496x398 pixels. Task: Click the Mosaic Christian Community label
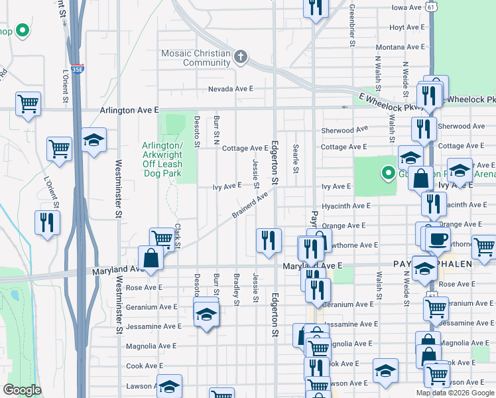[197, 58]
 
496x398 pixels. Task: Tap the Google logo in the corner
[22, 390]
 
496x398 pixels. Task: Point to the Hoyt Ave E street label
[406, 27]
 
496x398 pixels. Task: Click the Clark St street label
[178, 237]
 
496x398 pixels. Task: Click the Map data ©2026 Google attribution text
[456, 393]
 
